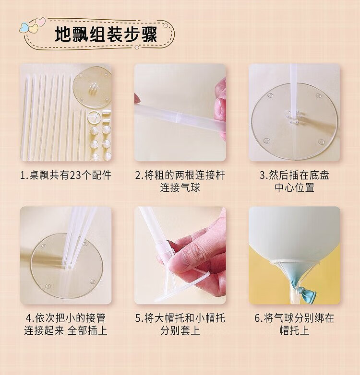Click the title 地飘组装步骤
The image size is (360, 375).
(106, 35)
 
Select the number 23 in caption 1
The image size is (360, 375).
(75, 176)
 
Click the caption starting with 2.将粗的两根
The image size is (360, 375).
(180, 181)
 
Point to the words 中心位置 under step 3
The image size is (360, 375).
(294, 187)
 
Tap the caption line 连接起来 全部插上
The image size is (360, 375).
(66, 330)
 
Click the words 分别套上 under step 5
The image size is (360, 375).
(180, 330)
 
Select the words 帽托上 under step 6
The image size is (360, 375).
(294, 330)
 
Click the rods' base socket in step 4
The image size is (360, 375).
(68, 265)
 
